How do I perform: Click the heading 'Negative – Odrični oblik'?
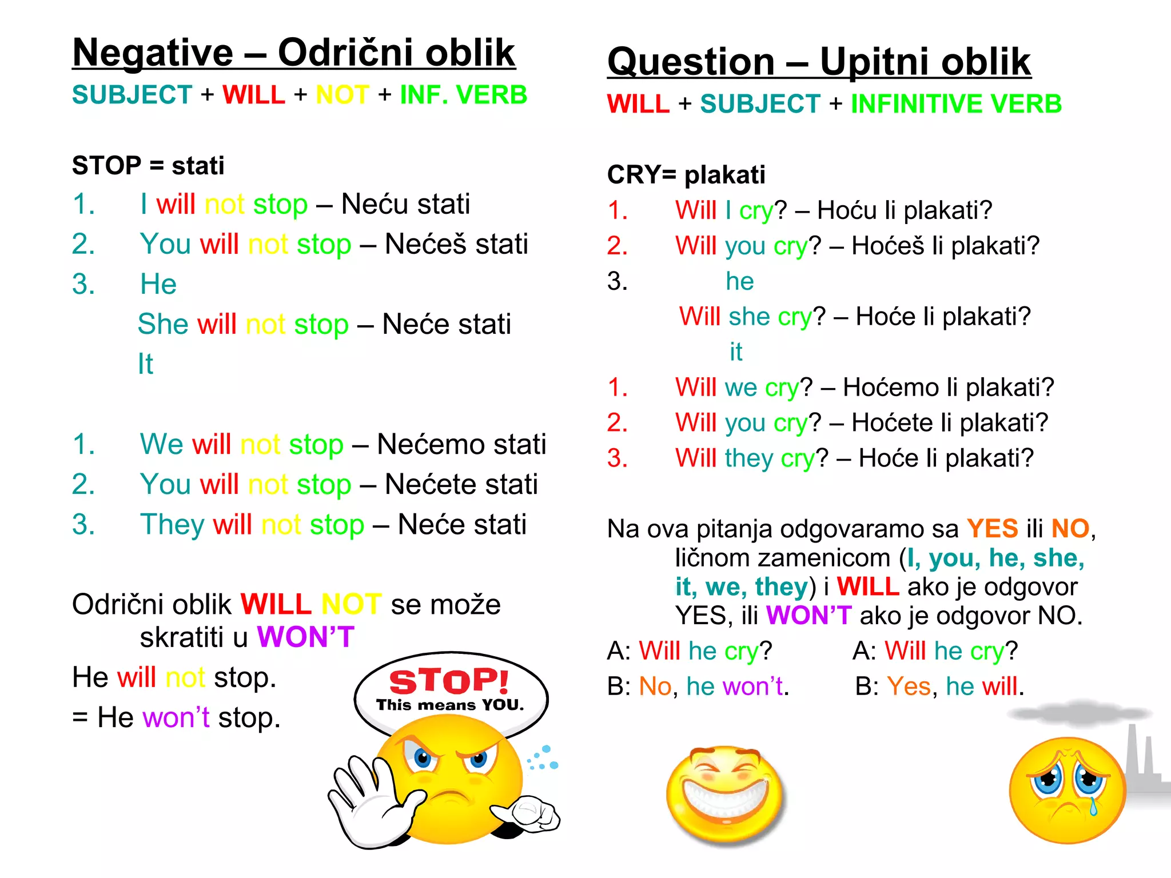[x=293, y=53]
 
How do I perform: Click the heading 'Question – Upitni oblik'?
[x=819, y=62]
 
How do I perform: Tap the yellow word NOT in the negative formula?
[x=342, y=95]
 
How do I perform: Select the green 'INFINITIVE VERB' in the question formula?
[x=956, y=104]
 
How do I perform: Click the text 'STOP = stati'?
[x=148, y=166]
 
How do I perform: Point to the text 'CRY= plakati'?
[x=686, y=175]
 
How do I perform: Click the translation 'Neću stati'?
[x=405, y=204]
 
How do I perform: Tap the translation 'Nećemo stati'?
[x=461, y=444]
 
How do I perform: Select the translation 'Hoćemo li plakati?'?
[x=948, y=388]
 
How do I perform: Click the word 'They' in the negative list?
[x=172, y=525]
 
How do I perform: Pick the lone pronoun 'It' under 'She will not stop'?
[x=145, y=364]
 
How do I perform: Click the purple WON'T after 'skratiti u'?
[x=306, y=637]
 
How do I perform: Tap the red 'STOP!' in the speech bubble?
[x=449, y=681]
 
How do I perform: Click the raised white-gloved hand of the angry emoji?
[x=366, y=800]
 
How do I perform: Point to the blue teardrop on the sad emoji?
[x=1093, y=806]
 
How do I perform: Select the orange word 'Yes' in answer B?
[x=909, y=686]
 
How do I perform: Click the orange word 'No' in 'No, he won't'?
[x=655, y=686]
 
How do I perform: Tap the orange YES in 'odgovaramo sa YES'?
[x=992, y=529]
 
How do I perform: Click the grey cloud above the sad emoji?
[x=1078, y=713]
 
